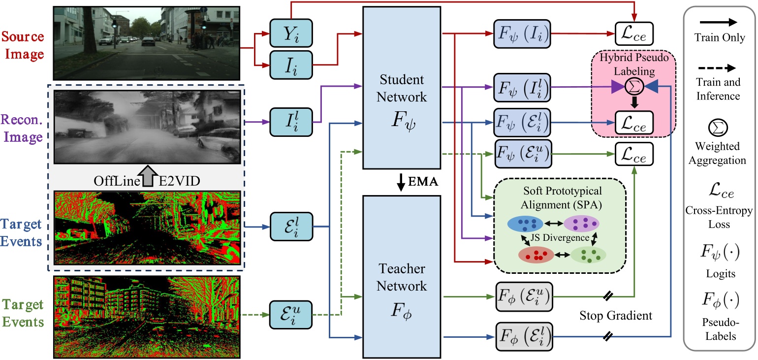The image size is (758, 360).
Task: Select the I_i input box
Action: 291,65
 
